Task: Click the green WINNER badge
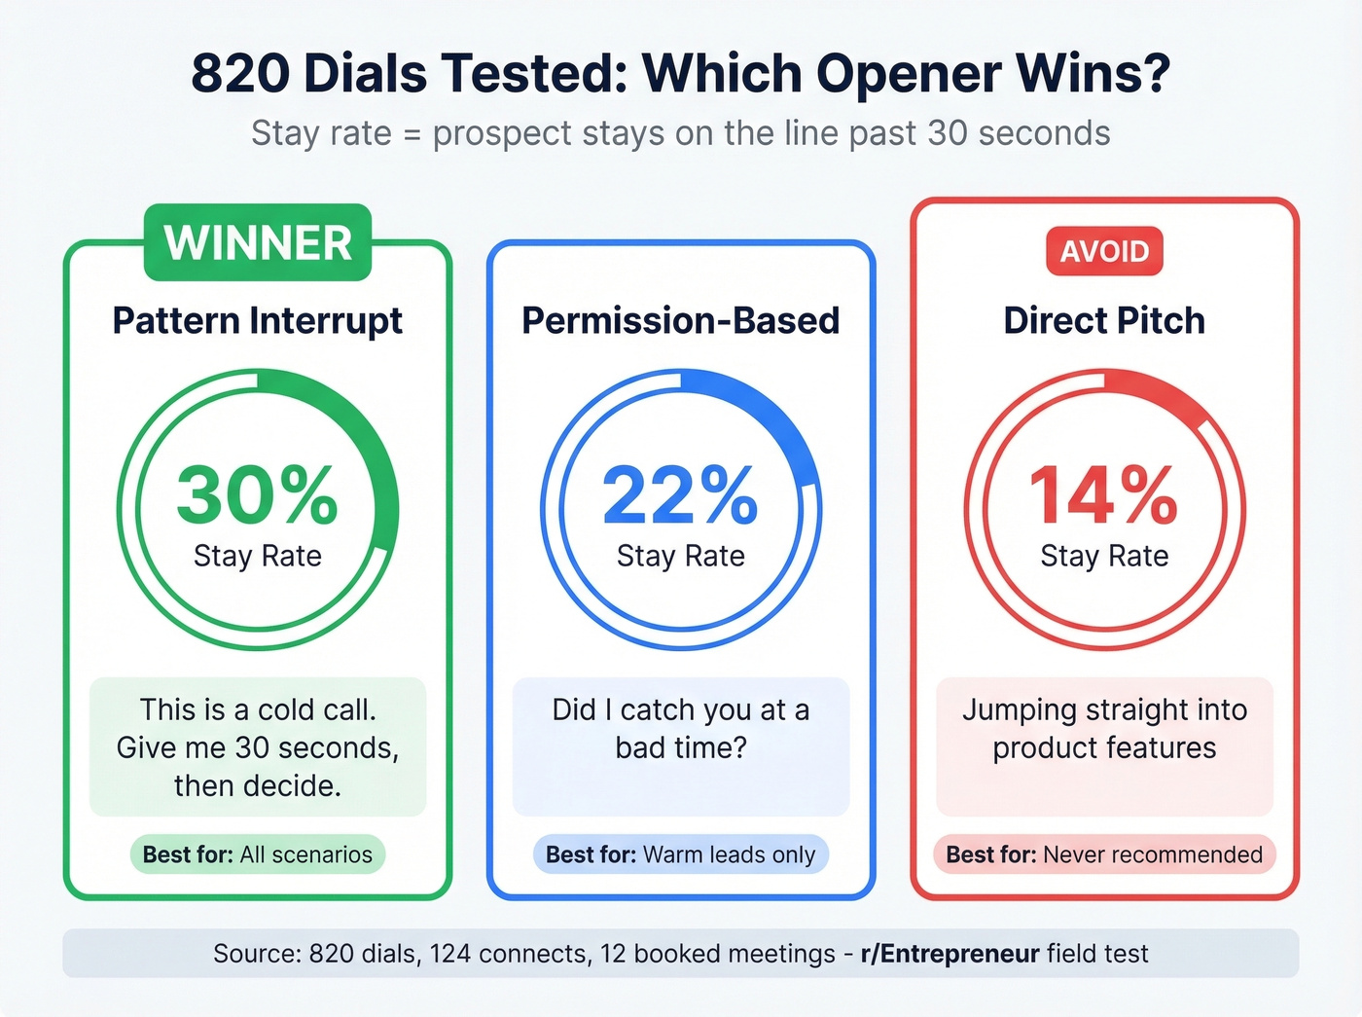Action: coord(258,242)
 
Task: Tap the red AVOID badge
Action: coord(1104,251)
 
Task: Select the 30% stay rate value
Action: coord(258,494)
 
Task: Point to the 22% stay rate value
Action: coord(680,494)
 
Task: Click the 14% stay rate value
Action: coord(1104,494)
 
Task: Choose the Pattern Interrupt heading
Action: coord(258,320)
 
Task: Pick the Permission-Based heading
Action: coord(680,320)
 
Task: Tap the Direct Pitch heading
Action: coord(1104,320)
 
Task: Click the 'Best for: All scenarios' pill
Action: coord(258,854)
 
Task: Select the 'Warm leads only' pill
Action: coord(680,854)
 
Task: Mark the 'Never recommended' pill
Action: coord(1104,854)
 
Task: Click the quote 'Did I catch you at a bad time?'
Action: coord(680,728)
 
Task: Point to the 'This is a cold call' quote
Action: coord(258,746)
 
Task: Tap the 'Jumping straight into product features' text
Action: coord(1104,728)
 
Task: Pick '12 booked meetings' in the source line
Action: coord(717,954)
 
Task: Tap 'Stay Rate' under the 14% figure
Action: coord(1104,556)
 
